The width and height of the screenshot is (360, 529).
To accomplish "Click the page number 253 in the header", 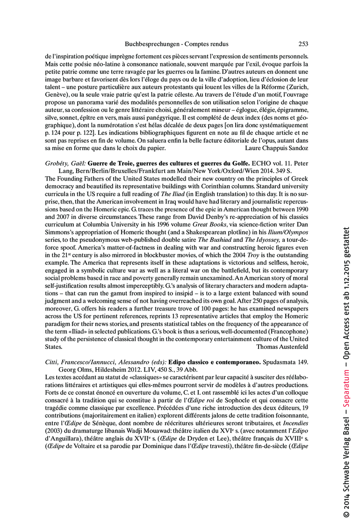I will [x=303, y=44].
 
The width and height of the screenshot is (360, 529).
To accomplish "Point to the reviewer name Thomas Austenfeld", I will [x=282, y=347].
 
